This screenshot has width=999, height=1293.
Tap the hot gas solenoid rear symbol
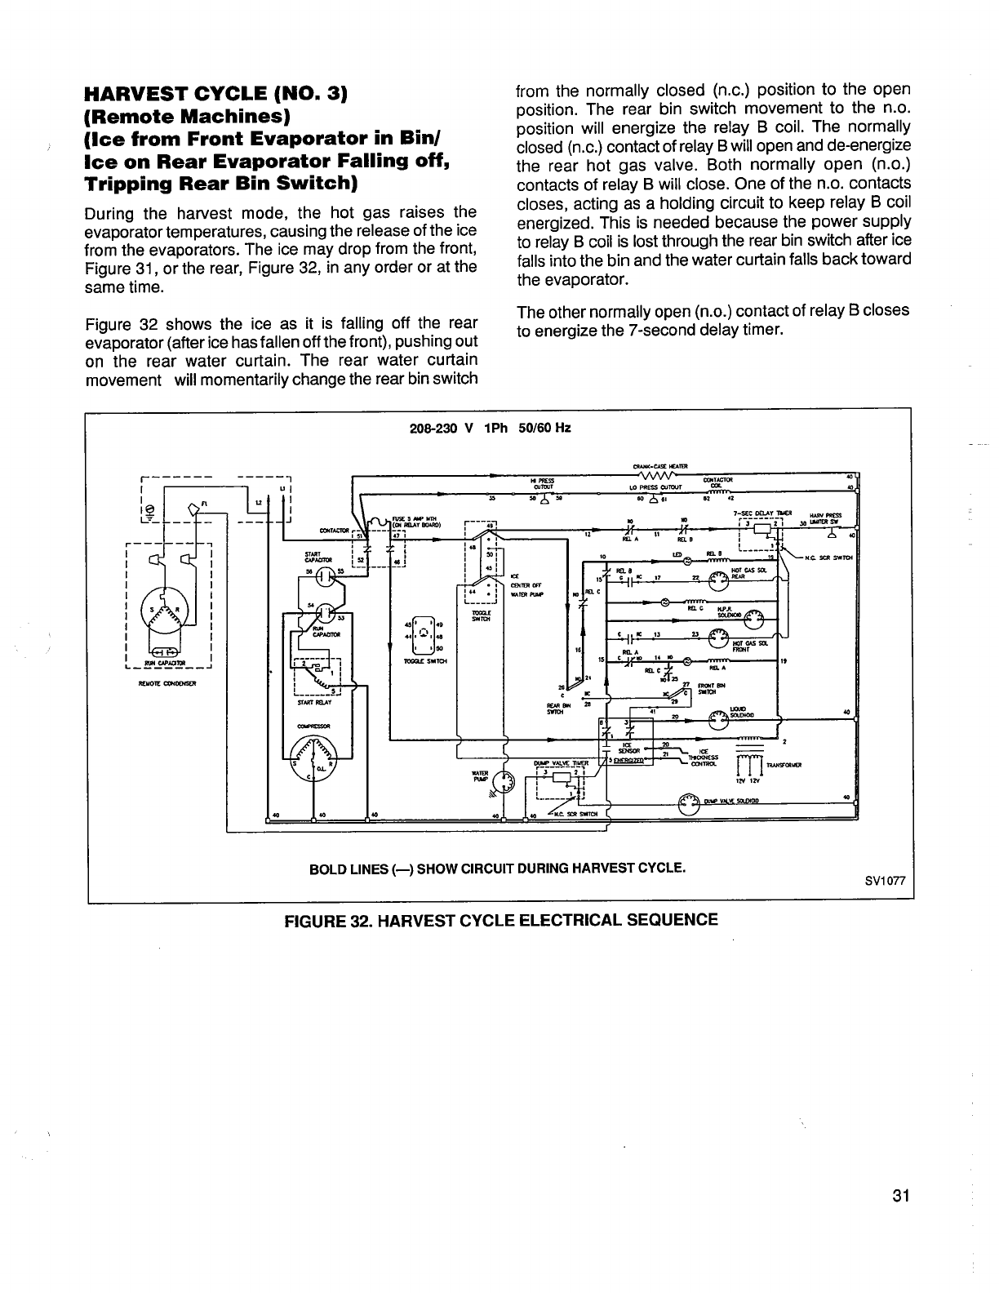point(718,580)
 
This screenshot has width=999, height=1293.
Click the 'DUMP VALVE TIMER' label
point(562,762)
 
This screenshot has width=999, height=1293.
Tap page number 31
point(901,1197)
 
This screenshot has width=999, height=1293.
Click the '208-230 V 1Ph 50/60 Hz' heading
point(490,427)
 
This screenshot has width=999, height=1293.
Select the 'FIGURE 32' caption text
point(500,920)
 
